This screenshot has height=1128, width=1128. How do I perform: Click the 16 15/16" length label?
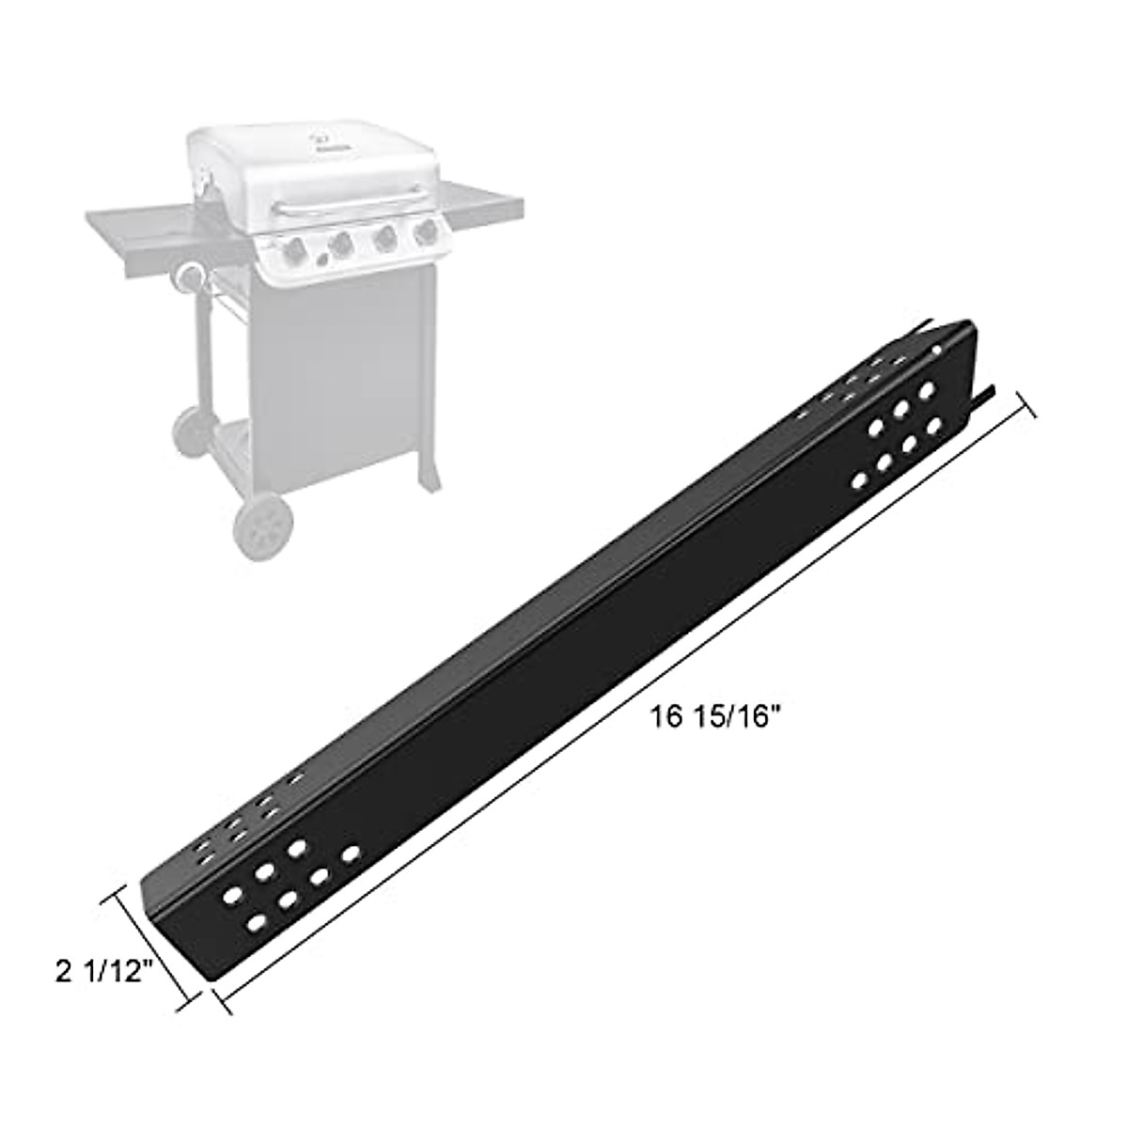(716, 717)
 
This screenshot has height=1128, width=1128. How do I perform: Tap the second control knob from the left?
(340, 243)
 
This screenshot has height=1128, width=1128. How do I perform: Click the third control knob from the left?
(384, 239)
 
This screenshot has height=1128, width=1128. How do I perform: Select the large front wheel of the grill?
(263, 525)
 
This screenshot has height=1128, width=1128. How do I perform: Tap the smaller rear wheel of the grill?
(190, 432)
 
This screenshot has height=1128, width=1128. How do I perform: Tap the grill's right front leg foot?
(431, 481)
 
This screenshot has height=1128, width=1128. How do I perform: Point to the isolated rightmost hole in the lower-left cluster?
(352, 854)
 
